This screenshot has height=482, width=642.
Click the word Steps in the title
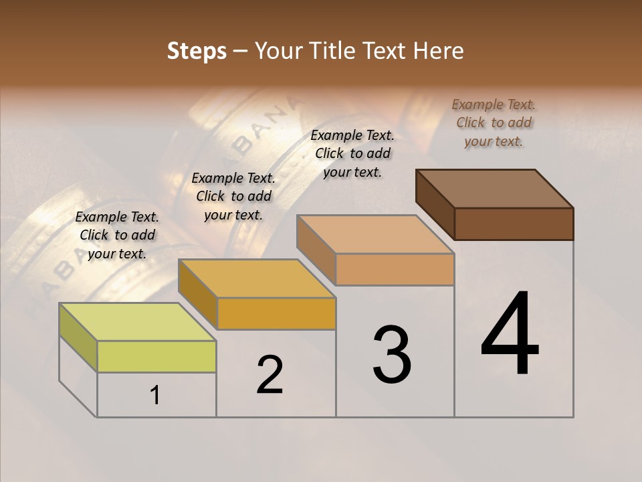coord(197,51)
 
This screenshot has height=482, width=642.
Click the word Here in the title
coord(438,51)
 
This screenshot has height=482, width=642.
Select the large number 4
coord(510,335)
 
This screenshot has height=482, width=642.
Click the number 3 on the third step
coord(392,355)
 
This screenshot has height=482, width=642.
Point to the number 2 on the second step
coord(270,375)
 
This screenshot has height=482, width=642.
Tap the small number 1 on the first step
coord(155,396)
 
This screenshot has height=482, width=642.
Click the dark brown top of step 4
coord(495,189)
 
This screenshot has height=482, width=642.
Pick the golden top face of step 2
coord(257,278)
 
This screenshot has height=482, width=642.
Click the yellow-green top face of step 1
coord(138,322)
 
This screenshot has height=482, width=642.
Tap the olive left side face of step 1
coord(78,337)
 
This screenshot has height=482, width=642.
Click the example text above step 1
coord(117,235)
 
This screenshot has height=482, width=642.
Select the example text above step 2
coord(233,196)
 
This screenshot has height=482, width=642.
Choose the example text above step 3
coord(352,153)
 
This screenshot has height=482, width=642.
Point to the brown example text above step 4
coord(494,123)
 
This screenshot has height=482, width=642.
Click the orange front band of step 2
coord(277,313)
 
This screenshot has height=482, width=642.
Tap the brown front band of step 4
coord(514,224)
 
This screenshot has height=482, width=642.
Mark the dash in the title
coord(241,52)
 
